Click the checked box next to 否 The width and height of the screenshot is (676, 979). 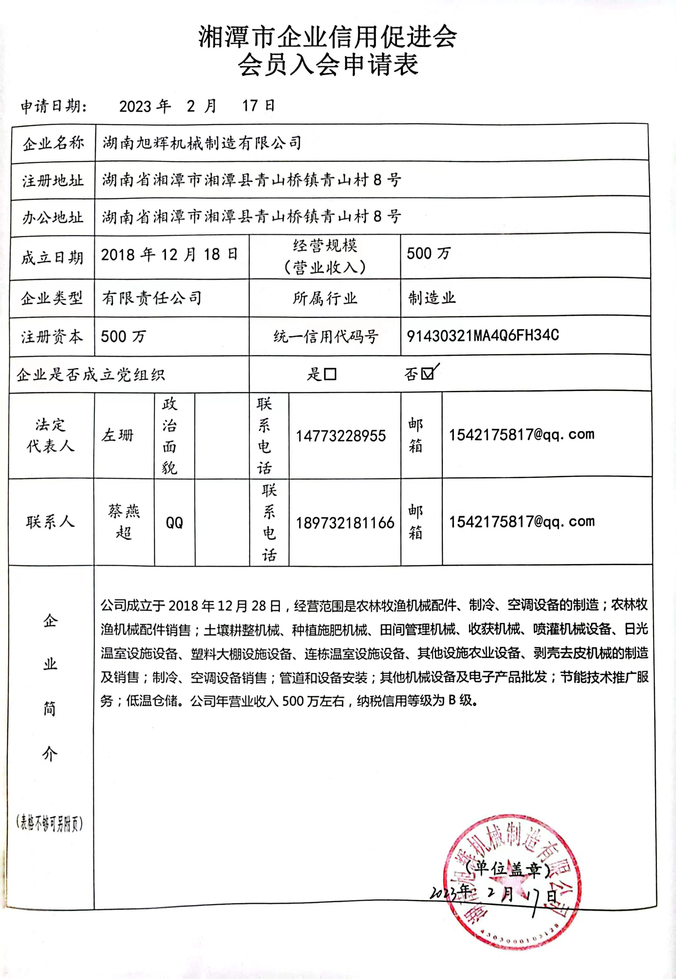tap(428, 374)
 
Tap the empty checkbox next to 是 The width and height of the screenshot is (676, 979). tap(330, 374)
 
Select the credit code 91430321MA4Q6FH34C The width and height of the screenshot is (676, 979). tap(482, 336)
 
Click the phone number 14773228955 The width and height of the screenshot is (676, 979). tap(341, 436)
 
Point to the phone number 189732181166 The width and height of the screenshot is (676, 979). tap(345, 523)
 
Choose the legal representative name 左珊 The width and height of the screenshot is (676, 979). tap(117, 435)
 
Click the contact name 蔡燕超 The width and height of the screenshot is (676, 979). tap(124, 522)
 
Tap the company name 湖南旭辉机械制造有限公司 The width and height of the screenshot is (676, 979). tap(202, 143)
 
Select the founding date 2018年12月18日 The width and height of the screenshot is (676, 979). tap(169, 255)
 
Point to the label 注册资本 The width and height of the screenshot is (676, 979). tap(52, 337)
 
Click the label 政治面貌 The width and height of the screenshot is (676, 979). tap(169, 436)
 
